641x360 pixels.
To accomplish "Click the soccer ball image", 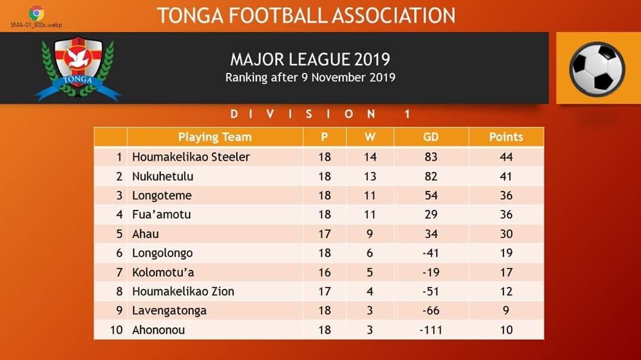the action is (x=597, y=69).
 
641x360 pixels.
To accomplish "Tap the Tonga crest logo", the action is (x=78, y=68).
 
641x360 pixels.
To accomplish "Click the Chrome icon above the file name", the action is (x=36, y=13).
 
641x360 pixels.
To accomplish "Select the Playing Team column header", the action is (x=215, y=137).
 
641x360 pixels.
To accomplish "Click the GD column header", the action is (x=431, y=137).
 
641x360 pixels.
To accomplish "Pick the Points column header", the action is (x=506, y=137).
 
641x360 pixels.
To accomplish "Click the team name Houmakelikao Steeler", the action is (x=191, y=157).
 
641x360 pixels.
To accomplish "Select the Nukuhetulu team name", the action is (x=163, y=176).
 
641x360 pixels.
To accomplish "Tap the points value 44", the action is (x=506, y=157).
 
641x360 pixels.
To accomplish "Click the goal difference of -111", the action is (x=431, y=330).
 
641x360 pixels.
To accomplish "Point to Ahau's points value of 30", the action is (x=506, y=234).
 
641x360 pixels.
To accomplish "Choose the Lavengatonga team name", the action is (x=169, y=311).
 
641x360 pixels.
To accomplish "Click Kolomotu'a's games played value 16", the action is (x=325, y=272).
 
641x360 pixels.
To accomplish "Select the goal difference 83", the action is (x=431, y=157).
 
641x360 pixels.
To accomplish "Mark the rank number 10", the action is (x=116, y=330).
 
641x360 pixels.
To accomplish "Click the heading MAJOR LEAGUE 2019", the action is (x=310, y=60).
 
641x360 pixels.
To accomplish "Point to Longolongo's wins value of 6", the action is (x=370, y=253).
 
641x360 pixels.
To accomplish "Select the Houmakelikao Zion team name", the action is (x=183, y=291).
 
